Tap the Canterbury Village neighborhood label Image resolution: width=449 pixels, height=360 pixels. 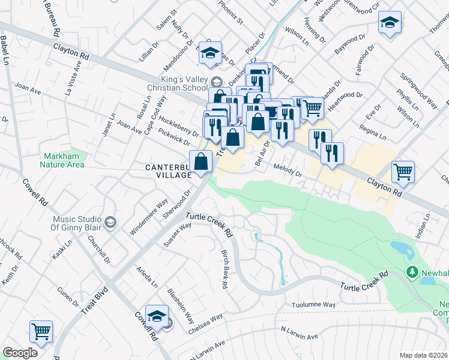tap(166, 170)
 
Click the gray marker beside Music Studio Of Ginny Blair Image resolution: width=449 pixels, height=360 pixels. tap(110, 223)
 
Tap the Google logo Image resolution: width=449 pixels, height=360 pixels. tap(20, 353)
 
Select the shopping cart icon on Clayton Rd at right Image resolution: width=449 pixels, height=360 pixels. tap(403, 172)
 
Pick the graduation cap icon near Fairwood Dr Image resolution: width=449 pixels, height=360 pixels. tap(390, 23)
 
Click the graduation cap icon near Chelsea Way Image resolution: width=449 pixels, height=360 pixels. tap(157, 316)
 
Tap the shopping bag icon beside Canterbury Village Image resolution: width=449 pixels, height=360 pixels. tap(201, 161)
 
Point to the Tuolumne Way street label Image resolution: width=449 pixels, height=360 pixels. tap(313, 305)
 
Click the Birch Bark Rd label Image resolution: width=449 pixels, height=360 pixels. tap(224, 269)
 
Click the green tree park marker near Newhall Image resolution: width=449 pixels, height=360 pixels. tap(412, 272)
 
